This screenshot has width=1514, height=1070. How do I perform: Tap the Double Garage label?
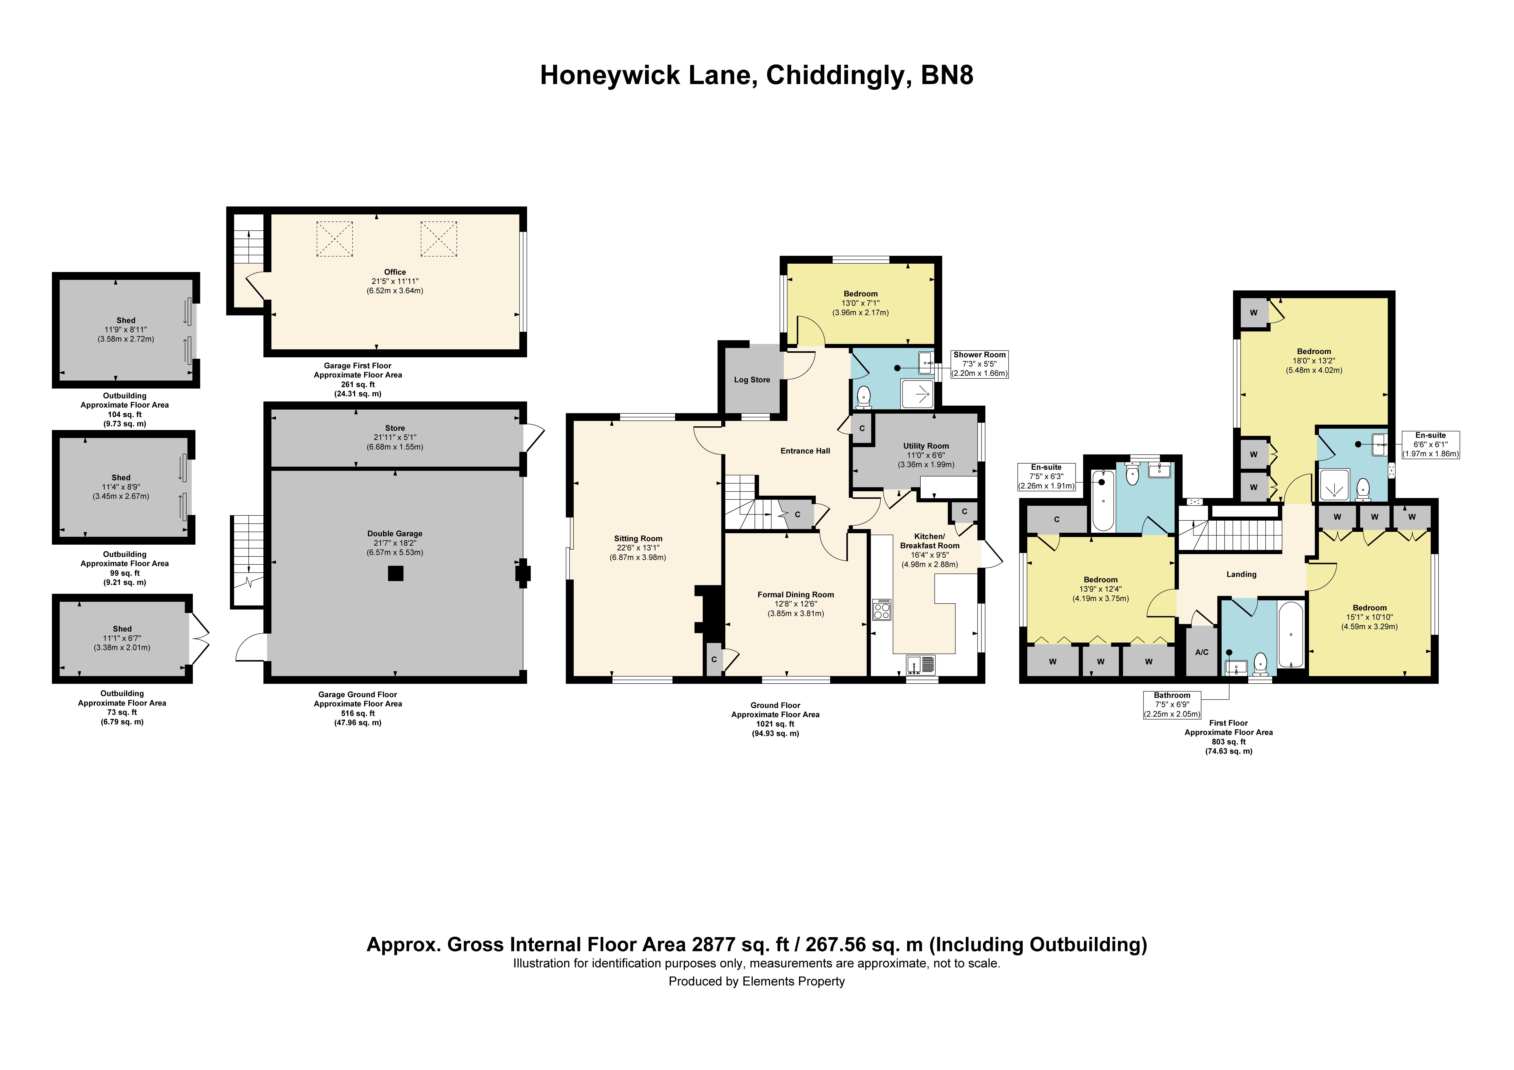click(x=395, y=534)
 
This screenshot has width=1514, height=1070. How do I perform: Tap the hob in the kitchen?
click(x=882, y=610)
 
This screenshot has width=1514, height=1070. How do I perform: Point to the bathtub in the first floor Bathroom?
click(x=1290, y=635)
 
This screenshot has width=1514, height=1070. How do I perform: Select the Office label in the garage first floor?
click(x=395, y=272)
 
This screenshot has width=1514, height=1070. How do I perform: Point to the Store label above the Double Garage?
click(x=395, y=428)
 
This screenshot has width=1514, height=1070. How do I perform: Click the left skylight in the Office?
click(x=335, y=239)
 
